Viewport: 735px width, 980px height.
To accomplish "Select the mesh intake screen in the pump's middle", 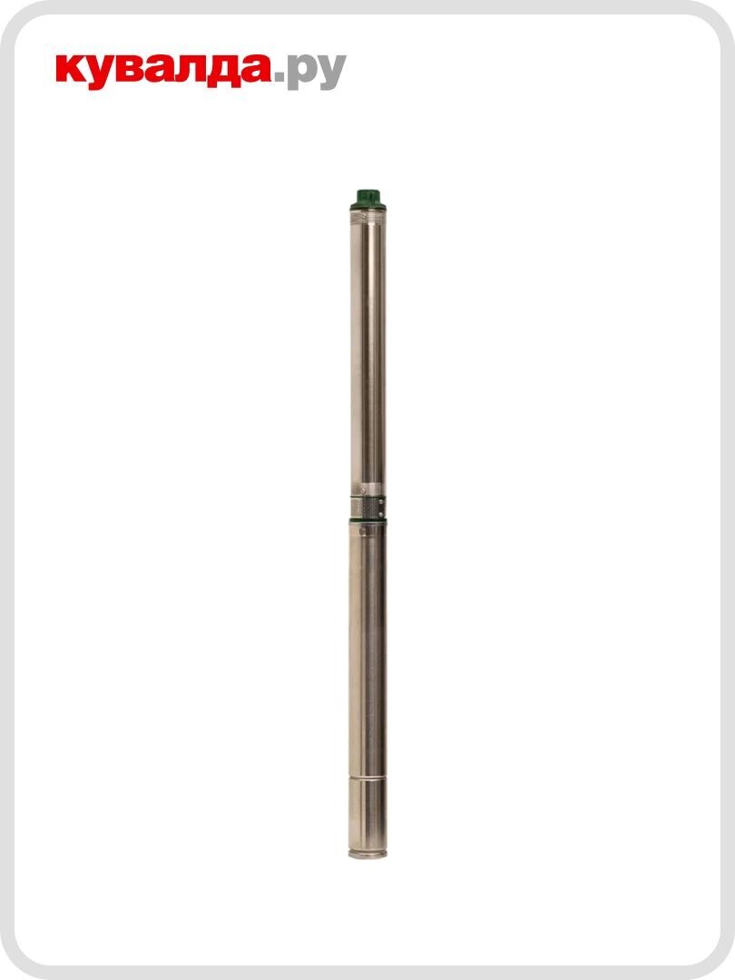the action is pyautogui.click(x=367, y=507).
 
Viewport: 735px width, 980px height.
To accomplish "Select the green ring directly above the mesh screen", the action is pyautogui.click(x=367, y=497).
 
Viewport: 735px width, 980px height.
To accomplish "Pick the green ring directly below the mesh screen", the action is pyautogui.click(x=367, y=520).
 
